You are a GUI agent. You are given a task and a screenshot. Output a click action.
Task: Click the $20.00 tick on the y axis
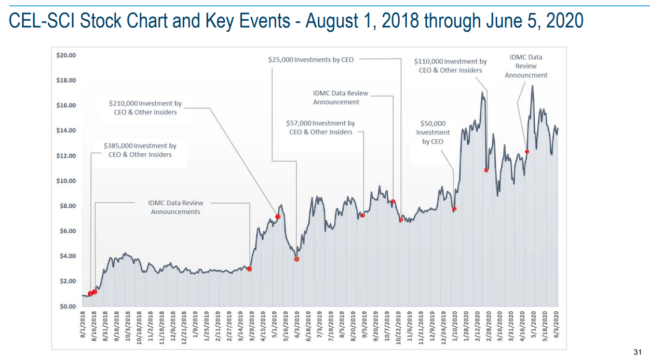tap(66, 55)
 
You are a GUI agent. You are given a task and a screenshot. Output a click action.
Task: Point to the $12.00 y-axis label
tap(66, 156)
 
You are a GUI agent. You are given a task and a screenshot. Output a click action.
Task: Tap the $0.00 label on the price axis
tap(68, 307)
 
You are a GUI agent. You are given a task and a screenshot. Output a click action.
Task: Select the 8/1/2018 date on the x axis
tap(83, 325)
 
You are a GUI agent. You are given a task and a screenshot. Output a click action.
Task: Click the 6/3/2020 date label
tap(556, 325)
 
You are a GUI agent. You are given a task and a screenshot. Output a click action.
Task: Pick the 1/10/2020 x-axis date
tap(455, 326)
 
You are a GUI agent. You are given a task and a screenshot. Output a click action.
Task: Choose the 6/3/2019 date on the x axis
tap(297, 325)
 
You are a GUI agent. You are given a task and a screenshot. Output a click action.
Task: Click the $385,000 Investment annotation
tap(140, 150)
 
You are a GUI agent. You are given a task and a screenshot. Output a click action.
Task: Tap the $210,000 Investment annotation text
tap(145, 107)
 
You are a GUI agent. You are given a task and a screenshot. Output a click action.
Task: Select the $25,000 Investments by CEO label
tap(311, 60)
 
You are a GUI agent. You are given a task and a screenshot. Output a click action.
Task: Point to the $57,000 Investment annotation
tap(321, 127)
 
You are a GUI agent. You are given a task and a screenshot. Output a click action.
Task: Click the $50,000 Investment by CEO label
tap(433, 132)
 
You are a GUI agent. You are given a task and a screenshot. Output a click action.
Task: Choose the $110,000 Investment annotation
tap(450, 66)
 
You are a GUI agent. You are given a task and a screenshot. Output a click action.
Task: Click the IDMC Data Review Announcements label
tap(176, 207)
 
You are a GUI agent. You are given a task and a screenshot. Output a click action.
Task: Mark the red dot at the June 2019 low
tap(297, 259)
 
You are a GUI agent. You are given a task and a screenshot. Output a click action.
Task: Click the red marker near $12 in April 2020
tap(527, 152)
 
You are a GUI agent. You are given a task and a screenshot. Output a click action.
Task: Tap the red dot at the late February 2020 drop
tap(487, 170)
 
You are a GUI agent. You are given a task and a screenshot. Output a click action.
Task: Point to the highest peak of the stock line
tap(532, 86)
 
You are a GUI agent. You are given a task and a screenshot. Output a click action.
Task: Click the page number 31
tap(637, 352)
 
